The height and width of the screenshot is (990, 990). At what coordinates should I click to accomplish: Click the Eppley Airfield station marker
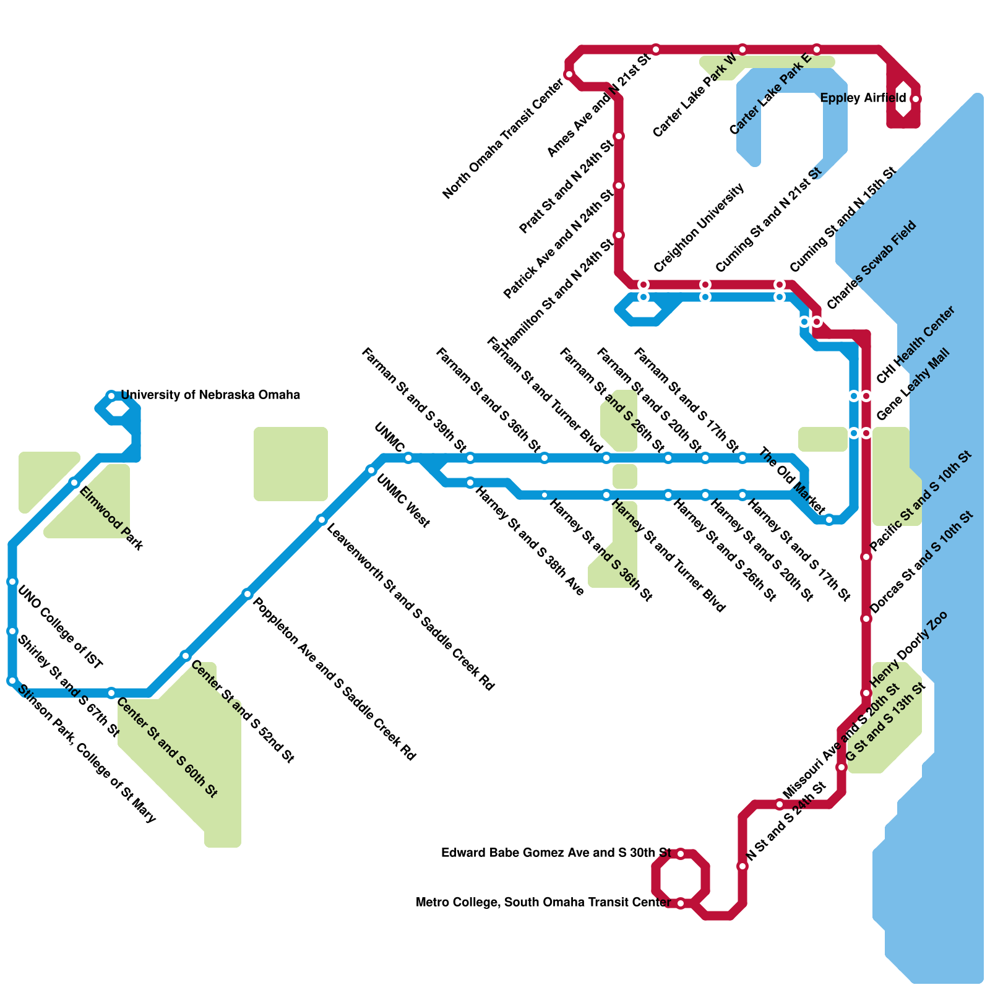coord(916,99)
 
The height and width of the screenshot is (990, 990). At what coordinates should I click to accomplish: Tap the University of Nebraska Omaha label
coord(210,395)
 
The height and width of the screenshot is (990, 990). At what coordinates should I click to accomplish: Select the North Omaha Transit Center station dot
coord(569,74)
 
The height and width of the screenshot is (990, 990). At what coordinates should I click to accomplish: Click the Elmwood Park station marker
coord(74,483)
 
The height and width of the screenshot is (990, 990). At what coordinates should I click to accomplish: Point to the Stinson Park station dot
coord(12,681)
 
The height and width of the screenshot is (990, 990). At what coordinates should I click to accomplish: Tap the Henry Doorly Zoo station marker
coord(866,693)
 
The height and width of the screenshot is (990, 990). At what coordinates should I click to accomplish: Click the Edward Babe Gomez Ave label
coord(556,853)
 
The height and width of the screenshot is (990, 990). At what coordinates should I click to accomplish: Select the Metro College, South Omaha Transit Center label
coord(543,903)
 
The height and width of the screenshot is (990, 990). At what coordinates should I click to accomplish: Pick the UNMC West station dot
coord(371,470)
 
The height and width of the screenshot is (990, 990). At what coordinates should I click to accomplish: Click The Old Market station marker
coord(829,520)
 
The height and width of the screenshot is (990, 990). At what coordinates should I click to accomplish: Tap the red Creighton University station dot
coord(643,285)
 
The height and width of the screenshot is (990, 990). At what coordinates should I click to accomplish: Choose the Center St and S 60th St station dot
coord(111,693)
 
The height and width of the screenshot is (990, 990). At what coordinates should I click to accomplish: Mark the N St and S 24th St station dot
coord(742,866)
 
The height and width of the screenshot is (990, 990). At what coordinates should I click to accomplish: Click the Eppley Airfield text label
coord(863,98)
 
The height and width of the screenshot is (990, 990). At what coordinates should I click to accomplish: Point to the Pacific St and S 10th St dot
coord(866,557)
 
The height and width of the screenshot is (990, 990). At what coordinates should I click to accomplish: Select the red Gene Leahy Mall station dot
coord(866,433)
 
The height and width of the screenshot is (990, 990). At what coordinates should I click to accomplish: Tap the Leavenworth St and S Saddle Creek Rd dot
coord(322,520)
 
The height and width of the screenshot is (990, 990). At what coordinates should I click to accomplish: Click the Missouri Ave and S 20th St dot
coord(780,804)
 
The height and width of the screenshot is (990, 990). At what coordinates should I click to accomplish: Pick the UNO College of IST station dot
coord(12,582)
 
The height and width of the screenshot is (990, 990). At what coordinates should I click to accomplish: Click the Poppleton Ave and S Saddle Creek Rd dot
coord(247,594)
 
